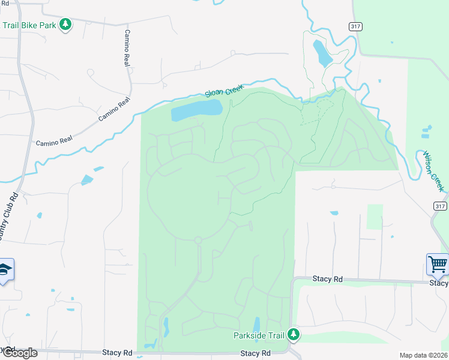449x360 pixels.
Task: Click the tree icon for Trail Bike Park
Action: point(66,25)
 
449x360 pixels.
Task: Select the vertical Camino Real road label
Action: point(127,47)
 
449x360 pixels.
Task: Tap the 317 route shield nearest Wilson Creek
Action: point(440,206)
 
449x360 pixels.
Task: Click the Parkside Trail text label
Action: point(259,335)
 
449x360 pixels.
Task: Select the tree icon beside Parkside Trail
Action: point(294,334)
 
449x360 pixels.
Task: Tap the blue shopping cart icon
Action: point(438,265)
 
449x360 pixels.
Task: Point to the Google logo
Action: point(19,352)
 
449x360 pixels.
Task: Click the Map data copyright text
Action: point(423,355)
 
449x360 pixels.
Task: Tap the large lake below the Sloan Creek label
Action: point(196,110)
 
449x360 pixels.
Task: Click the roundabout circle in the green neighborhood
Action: point(197,240)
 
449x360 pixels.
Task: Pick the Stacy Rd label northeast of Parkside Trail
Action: point(327,279)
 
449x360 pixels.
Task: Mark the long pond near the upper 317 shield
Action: point(322,53)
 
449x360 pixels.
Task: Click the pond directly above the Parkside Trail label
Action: point(256,324)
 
